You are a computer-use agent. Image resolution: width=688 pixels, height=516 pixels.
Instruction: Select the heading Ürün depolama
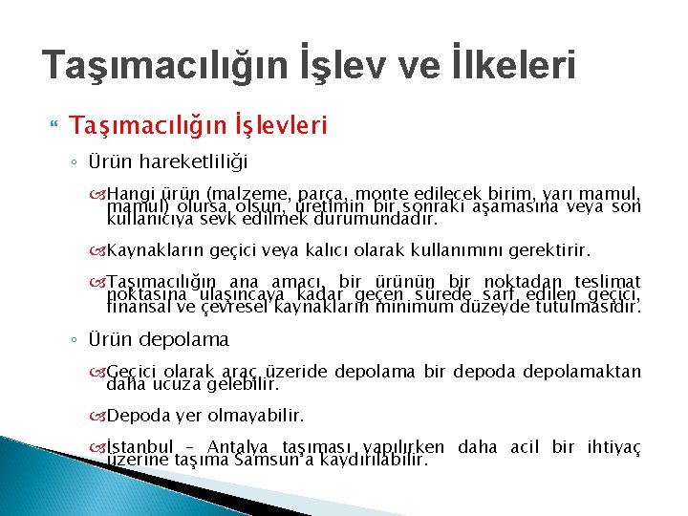pyautogui.click(x=159, y=339)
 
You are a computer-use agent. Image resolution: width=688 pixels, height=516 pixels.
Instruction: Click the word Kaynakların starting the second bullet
pyautogui.click(x=153, y=250)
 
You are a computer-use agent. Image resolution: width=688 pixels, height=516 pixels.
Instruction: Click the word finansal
pyautogui.click(x=137, y=307)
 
